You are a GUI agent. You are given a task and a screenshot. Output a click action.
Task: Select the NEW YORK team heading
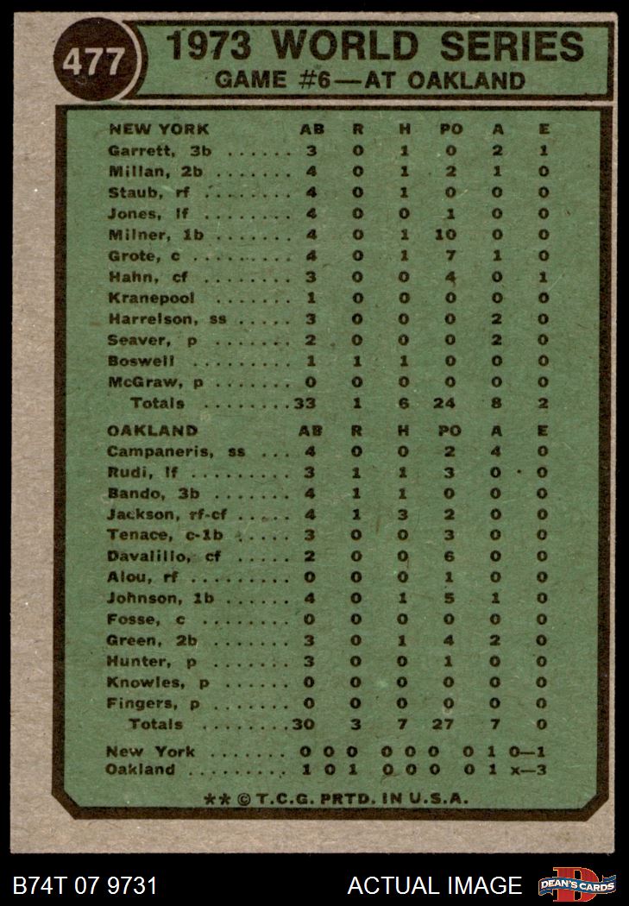159,129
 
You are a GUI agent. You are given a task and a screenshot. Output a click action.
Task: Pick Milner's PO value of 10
451,234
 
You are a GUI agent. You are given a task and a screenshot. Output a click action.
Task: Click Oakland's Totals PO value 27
442,725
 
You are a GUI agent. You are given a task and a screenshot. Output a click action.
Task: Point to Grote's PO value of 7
450,255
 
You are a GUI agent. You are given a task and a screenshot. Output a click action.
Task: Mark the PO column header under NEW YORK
450,129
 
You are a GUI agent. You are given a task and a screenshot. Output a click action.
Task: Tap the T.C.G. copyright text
337,799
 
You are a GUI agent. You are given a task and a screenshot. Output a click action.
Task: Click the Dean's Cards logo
576,884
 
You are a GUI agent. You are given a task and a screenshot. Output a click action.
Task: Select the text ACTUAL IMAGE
434,886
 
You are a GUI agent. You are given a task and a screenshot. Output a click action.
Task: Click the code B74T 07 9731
85,886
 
